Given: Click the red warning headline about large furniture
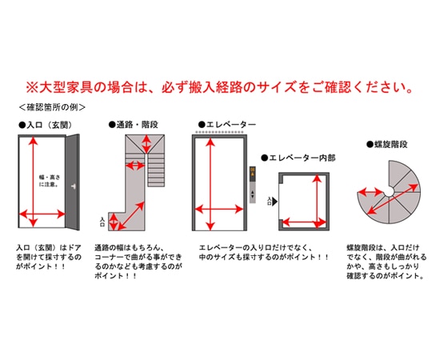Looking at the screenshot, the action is pyautogui.click(x=220, y=87).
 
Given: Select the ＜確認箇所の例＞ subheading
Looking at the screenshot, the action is pyautogui.click(x=52, y=107).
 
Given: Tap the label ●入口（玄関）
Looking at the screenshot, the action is pyautogui.click(x=45, y=125).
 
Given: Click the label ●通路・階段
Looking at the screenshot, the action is pyautogui.click(x=134, y=125).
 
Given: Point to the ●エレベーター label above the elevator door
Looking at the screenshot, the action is pyautogui.click(x=227, y=125).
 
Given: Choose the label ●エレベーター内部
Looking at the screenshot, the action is pyautogui.click(x=298, y=158).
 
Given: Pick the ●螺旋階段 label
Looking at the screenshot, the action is pyautogui.click(x=387, y=145).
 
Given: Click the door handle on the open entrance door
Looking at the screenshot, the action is pyautogui.click(x=74, y=186).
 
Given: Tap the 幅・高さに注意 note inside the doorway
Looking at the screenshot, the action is pyautogui.click(x=50, y=181).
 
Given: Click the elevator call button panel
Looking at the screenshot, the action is pyautogui.click(x=253, y=184).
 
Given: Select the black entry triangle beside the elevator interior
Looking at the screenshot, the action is pyautogui.click(x=274, y=201).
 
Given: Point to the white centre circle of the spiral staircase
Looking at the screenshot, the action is pyautogui.click(x=389, y=192).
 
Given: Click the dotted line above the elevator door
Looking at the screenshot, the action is pyautogui.click(x=219, y=131).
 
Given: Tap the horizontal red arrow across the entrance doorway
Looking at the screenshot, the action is pyautogui.click(x=42, y=214).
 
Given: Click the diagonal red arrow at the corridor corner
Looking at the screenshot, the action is pyautogui.click(x=130, y=216).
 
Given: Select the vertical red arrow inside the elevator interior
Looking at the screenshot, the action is pyautogui.click(x=318, y=201).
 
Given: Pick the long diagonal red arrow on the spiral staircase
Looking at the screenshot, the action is pyautogui.click(x=393, y=199).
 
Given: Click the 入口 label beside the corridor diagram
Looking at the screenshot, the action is pyautogui.click(x=102, y=222).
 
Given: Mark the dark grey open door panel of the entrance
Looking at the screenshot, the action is pyautogui.click(x=72, y=182).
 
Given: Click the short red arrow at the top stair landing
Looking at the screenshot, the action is pyautogui.click(x=146, y=144).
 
